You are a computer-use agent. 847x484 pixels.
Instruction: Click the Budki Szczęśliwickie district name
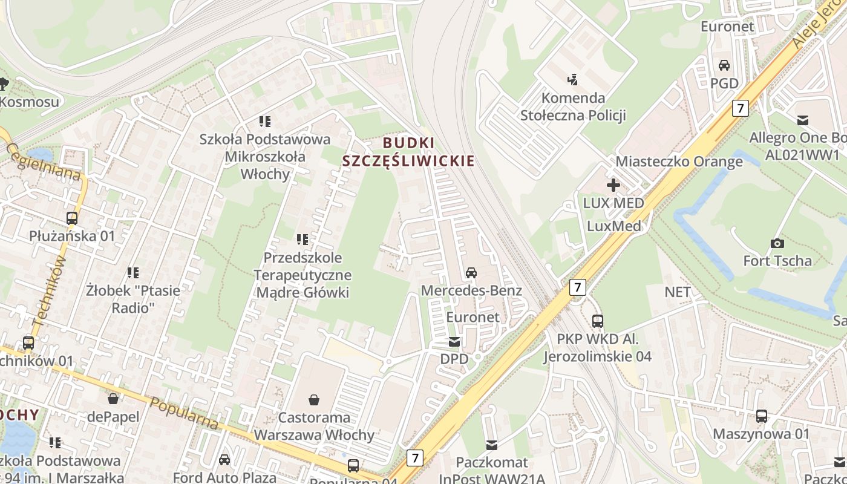pyautogui.click(x=408, y=152)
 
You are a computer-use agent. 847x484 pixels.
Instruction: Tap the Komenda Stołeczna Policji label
pyautogui.click(x=573, y=106)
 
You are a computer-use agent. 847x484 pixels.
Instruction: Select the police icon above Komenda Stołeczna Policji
pyautogui.click(x=572, y=79)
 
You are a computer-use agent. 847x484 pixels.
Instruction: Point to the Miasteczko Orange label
pyautogui.click(x=679, y=162)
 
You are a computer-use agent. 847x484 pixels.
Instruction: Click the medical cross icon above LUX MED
pyautogui.click(x=613, y=185)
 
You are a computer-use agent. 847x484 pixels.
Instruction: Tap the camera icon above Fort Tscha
pyautogui.click(x=777, y=243)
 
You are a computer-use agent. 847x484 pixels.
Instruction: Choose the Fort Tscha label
pyautogui.click(x=777, y=261)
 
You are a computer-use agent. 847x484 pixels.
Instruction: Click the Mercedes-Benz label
pyautogui.click(x=471, y=290)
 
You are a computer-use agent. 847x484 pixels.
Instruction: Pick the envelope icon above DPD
pyautogui.click(x=454, y=342)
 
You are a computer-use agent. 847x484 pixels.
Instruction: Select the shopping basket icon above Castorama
pyautogui.click(x=314, y=399)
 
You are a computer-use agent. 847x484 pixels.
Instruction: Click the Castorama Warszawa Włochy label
pyautogui.click(x=314, y=426)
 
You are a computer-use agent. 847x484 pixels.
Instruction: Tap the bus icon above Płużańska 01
pyautogui.click(x=72, y=218)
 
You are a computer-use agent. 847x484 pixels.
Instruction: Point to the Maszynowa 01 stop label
pyautogui.click(x=761, y=434)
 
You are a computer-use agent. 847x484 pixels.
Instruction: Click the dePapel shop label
pyautogui.click(x=113, y=416)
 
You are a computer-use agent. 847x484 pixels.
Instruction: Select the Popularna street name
pyautogui.click(x=184, y=413)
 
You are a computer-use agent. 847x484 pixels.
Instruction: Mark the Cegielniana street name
pyautogui.click(x=44, y=162)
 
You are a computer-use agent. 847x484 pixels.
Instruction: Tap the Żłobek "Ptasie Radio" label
pyautogui.click(x=133, y=299)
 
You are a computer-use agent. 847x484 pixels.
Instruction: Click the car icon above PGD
pyautogui.click(x=724, y=65)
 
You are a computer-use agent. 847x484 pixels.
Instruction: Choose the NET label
pyautogui.click(x=678, y=292)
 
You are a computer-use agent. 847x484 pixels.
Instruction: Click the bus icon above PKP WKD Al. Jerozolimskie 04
pyautogui.click(x=598, y=321)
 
